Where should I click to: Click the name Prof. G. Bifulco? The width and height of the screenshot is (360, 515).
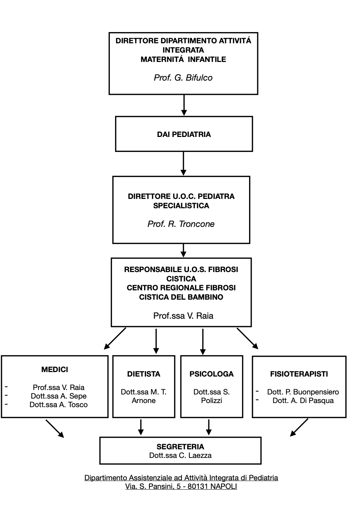(183, 78)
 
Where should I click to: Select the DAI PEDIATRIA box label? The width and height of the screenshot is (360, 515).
(184, 134)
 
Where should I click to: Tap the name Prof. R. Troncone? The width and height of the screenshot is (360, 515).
(181, 224)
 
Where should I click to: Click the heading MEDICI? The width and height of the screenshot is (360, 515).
(55, 369)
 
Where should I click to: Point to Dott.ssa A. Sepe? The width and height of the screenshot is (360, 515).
(59, 396)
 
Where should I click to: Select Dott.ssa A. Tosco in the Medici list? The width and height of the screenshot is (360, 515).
(59, 405)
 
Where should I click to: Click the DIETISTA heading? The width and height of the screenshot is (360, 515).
(144, 374)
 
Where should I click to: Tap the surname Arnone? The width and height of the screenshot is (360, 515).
(143, 400)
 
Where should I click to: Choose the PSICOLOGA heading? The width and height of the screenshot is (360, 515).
(212, 374)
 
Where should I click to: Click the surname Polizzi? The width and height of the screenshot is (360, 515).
(212, 400)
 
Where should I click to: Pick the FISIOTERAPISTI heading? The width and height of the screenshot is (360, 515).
(299, 374)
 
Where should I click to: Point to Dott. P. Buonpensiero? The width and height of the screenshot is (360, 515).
(303, 392)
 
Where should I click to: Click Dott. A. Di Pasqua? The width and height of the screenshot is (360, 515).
(303, 400)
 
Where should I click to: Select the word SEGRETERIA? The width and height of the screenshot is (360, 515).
(180, 447)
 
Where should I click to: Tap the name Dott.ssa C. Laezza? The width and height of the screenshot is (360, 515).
(180, 455)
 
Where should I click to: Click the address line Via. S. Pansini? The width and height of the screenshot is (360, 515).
(181, 486)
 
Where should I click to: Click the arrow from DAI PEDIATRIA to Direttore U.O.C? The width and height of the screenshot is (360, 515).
(183, 163)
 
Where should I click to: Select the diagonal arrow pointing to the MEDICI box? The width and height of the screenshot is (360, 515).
(115, 338)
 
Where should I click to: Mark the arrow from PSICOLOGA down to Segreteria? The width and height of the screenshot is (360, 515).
(209, 427)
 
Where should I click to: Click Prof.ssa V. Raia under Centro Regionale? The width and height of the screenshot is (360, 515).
(183, 316)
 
